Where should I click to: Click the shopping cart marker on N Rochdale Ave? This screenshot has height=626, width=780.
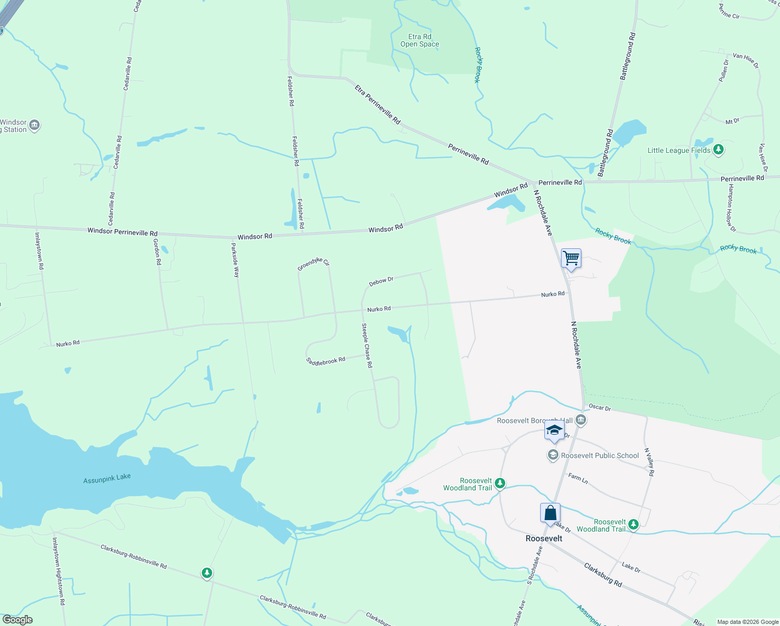tap(571, 258)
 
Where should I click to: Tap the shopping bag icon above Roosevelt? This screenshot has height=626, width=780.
tap(550, 513)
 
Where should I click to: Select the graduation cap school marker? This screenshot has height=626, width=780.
tap(554, 431)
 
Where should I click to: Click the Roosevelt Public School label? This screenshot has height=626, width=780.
tap(600, 455)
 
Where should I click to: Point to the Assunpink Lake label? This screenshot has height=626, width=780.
tap(107, 478)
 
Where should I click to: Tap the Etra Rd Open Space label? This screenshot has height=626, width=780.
tap(420, 41)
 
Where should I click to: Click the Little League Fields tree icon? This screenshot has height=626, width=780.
tap(718, 150)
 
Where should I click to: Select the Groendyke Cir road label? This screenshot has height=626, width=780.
tap(313, 264)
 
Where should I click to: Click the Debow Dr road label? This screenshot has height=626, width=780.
tap(381, 281)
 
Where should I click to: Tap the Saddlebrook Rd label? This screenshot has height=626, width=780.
tap(325, 360)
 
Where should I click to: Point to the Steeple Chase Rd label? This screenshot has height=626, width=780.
tap(367, 345)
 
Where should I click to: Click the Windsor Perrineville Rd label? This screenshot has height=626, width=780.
tap(123, 232)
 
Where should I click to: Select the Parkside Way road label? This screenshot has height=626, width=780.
tap(235, 260)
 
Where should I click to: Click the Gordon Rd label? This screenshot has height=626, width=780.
tap(157, 252)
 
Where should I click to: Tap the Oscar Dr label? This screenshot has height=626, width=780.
tap(600, 407)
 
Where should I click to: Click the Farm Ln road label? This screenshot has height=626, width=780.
tap(578, 478)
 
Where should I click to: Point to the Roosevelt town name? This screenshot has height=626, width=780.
tap(544, 538)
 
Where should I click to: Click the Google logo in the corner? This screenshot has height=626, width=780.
tap(18, 620)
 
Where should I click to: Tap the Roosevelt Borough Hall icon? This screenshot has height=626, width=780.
tap(581, 420)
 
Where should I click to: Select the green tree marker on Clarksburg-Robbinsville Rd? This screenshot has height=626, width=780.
tap(207, 573)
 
